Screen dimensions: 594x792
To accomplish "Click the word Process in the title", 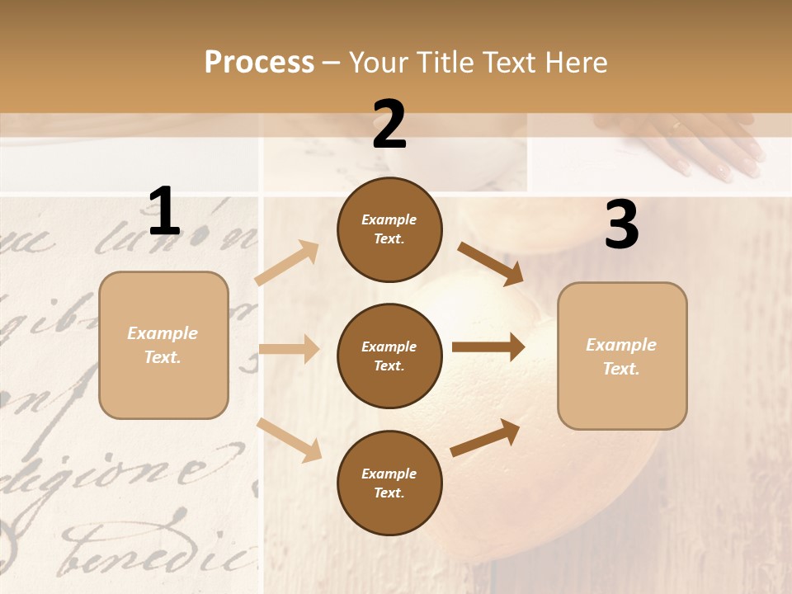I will tap(259, 63).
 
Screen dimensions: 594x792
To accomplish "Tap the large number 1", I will tap(164, 212).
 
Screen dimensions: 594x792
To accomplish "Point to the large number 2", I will tap(389, 125).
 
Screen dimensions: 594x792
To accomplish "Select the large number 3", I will tap(621, 226).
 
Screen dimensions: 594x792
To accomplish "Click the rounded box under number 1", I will tap(163, 345).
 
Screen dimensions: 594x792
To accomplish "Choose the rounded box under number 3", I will tap(622, 356).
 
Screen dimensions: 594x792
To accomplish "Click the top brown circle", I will tap(389, 229).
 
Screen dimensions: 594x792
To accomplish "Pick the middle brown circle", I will tap(389, 356).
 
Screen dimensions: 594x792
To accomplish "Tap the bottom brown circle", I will tap(389, 483).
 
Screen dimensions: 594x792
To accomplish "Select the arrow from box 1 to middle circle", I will tap(289, 350).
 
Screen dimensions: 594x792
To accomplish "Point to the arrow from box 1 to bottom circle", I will tap(289, 440).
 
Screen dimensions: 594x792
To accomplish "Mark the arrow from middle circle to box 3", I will tap(488, 347).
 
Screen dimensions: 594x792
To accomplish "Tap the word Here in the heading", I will tap(576, 63).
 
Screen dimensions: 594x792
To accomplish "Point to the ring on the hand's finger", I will tap(676, 126).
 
